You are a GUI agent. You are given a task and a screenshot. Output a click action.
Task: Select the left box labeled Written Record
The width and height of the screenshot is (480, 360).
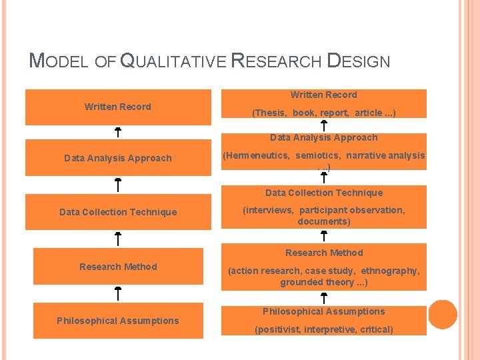118,107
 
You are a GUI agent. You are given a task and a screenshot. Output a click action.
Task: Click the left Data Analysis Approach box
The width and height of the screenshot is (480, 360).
118,158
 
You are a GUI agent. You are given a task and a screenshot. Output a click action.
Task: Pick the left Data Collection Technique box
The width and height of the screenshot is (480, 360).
118,212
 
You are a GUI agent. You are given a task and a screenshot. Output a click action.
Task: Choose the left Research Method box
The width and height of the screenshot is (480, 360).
118,267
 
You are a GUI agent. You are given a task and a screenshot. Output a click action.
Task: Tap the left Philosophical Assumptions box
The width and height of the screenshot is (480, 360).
118,321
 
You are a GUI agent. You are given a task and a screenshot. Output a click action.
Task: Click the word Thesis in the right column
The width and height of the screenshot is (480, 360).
269,113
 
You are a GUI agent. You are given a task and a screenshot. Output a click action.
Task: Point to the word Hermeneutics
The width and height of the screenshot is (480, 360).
257,155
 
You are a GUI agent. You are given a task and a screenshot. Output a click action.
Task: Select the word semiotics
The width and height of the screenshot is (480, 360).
317,155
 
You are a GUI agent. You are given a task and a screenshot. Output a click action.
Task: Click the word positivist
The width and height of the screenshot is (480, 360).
277,329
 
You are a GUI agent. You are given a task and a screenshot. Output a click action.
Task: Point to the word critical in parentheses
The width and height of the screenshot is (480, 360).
375,329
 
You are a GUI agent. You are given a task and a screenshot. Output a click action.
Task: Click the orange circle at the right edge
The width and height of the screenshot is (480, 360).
443,315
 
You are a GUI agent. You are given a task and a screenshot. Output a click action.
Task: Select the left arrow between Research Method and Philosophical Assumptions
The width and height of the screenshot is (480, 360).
117,293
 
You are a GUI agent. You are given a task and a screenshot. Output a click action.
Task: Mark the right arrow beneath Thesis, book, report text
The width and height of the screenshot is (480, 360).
323,125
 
